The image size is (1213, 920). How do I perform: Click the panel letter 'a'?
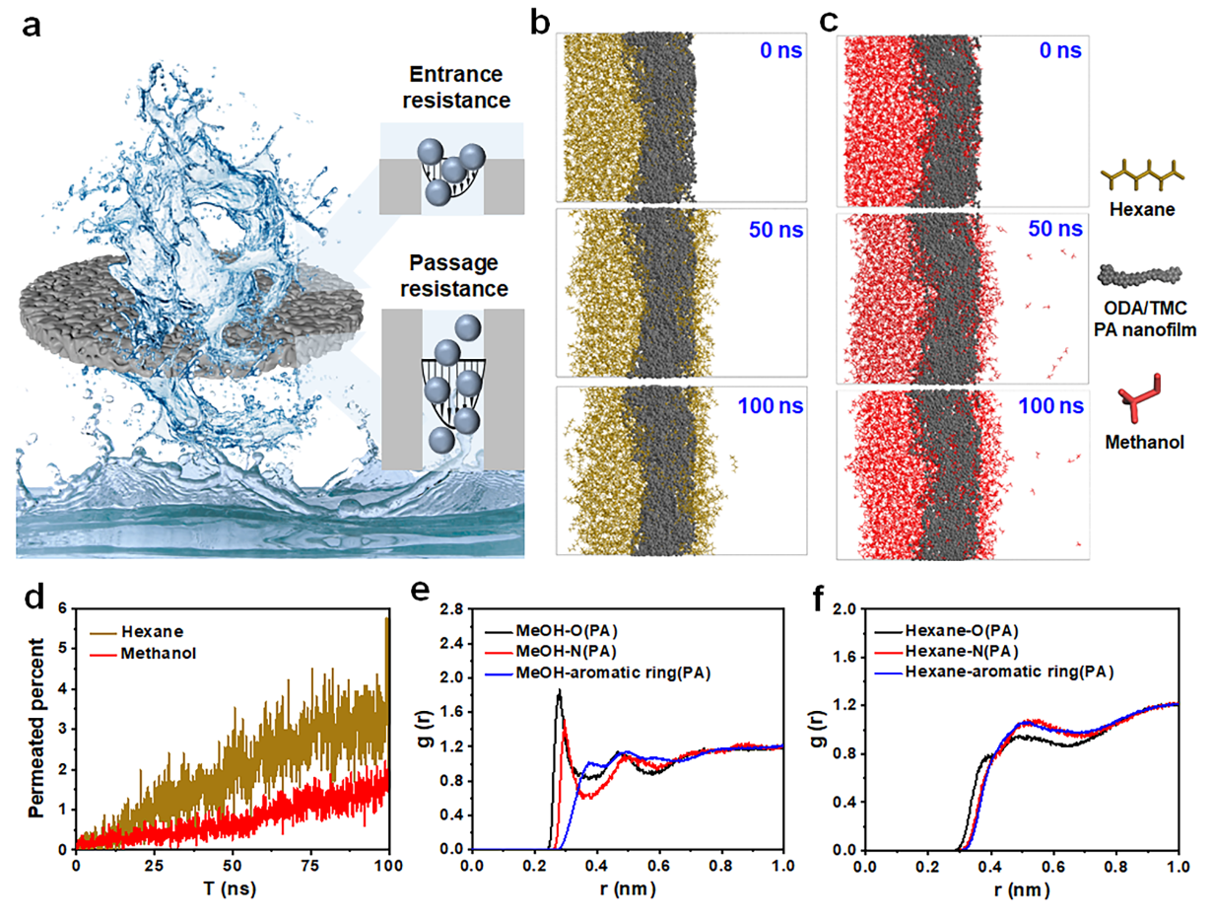(x=32, y=28)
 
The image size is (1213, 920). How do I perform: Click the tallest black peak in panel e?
(x=560, y=692)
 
